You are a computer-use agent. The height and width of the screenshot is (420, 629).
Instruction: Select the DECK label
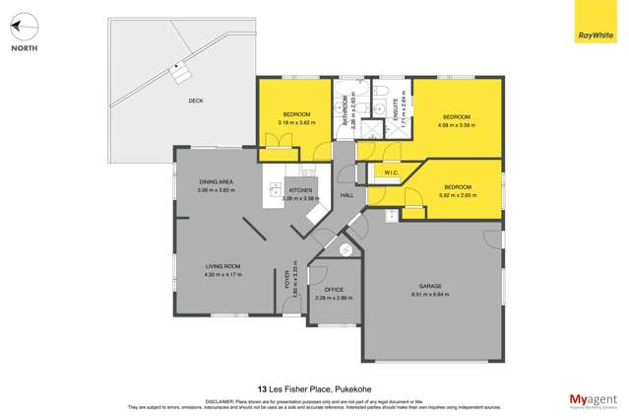tap(197, 100)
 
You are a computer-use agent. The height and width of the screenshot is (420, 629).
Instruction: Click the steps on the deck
tap(179, 72)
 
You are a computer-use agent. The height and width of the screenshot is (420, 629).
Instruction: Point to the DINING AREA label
tap(216, 181)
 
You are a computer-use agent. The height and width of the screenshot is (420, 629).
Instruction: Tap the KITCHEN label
tap(300, 189)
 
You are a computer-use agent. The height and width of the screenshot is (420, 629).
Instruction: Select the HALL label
tap(346, 195)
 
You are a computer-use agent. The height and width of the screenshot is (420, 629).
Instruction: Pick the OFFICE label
tap(333, 289)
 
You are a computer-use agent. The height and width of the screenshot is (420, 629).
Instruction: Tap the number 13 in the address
tap(261, 388)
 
